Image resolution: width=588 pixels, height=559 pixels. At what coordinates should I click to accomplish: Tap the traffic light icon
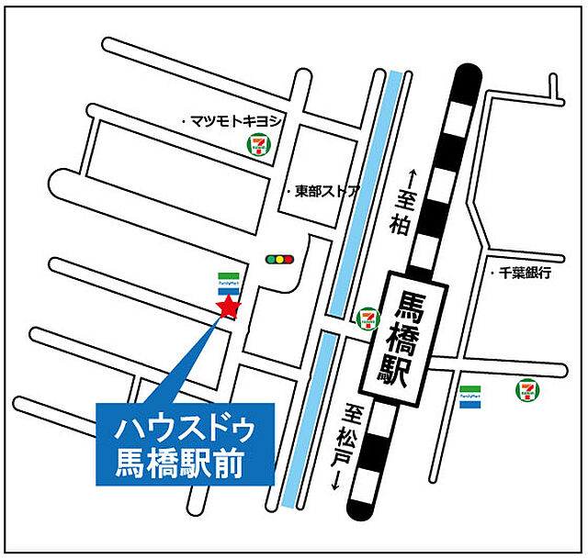(277, 260)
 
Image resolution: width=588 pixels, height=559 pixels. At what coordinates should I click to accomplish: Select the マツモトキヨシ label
(234, 120)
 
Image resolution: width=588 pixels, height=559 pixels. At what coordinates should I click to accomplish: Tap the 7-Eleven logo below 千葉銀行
(527, 390)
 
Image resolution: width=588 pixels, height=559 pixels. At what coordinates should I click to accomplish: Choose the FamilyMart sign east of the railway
(470, 397)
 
